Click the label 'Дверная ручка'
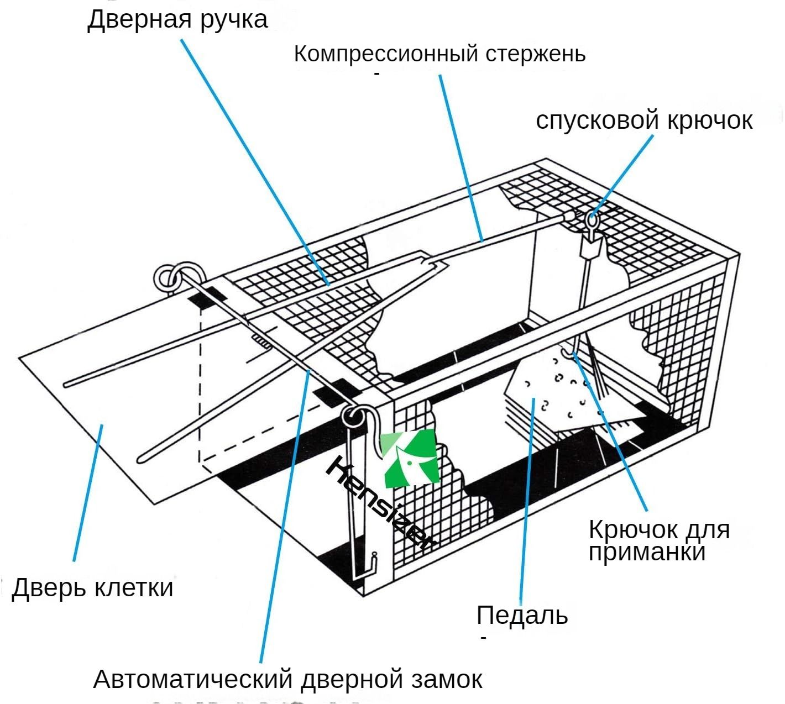point(177,20)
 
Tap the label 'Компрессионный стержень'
point(439,54)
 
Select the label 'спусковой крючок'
point(644,120)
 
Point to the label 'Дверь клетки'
point(92,587)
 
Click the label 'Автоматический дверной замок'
point(287,679)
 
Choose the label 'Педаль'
point(522,615)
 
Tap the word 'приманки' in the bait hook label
point(647,551)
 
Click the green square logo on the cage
point(410,459)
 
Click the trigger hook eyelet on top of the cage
point(592,223)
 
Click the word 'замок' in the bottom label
point(447,679)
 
